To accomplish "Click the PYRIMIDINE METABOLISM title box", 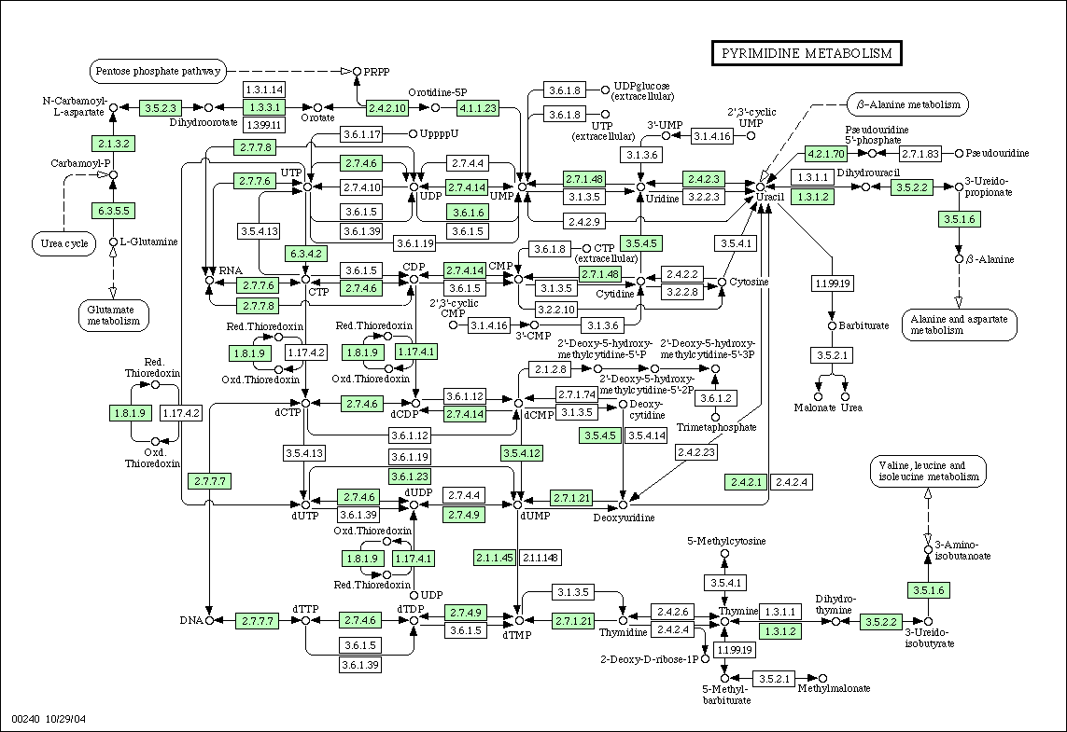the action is [807, 53].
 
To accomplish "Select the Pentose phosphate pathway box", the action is [158, 71].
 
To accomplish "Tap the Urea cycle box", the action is [64, 243].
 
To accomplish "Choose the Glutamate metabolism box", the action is [114, 315].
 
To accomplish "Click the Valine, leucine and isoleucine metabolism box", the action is [928, 471].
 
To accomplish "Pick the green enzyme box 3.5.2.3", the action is [161, 107].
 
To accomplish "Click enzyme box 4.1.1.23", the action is [478, 107].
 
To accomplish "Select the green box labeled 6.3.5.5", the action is [113, 211].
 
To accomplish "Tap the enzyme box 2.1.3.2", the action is [113, 144].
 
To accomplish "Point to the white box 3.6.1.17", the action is [362, 134].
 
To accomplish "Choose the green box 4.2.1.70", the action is [825, 154].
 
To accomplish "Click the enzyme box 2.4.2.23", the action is [696, 451].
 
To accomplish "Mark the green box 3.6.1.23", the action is [411, 476].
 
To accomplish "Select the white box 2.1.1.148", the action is [541, 558].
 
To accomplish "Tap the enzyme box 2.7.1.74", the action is [576, 394].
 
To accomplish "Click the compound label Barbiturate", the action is [863, 325].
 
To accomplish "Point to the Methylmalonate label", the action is [834, 688].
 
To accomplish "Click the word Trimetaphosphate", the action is [717, 427].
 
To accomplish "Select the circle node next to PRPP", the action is [356, 72].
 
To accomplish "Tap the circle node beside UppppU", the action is [413, 134].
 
